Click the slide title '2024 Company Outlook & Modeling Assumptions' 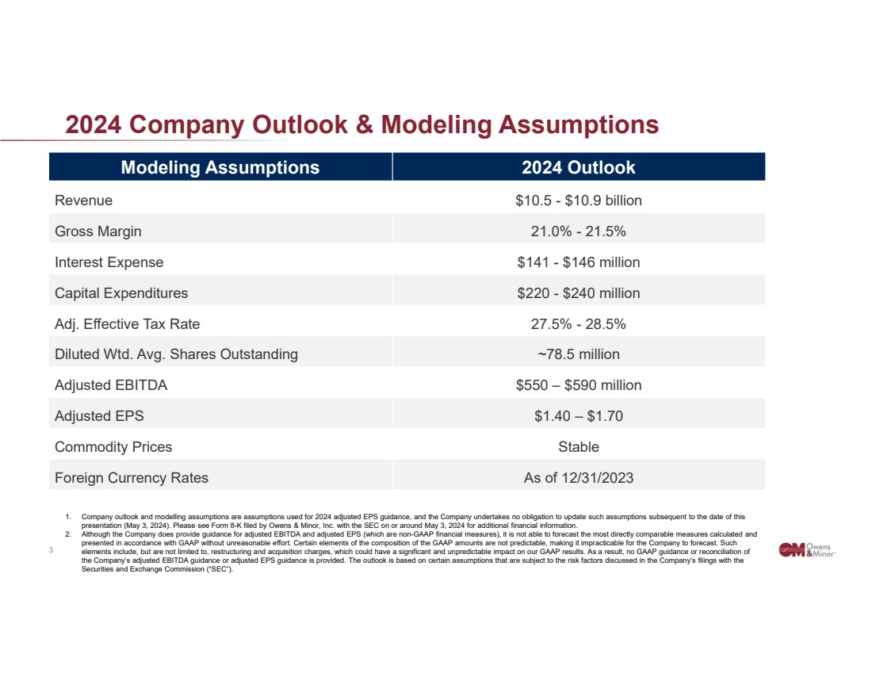tap(361, 125)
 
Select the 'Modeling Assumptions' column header tap(220, 167)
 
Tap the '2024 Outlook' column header tap(578, 167)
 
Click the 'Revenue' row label tap(83, 201)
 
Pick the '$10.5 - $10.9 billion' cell tap(578, 201)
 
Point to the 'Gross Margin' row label tap(98, 231)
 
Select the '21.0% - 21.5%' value tap(578, 231)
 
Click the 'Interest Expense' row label tap(109, 262)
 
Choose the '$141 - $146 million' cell tap(578, 262)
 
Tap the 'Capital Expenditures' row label tap(121, 293)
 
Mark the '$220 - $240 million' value tap(578, 293)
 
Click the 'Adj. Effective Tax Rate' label tap(127, 324)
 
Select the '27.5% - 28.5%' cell tap(578, 324)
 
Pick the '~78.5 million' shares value tap(578, 354)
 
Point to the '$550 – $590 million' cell tap(578, 385)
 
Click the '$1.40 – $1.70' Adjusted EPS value tap(578, 416)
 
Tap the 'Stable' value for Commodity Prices tap(578, 447)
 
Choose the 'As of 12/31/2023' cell tap(578, 478)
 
